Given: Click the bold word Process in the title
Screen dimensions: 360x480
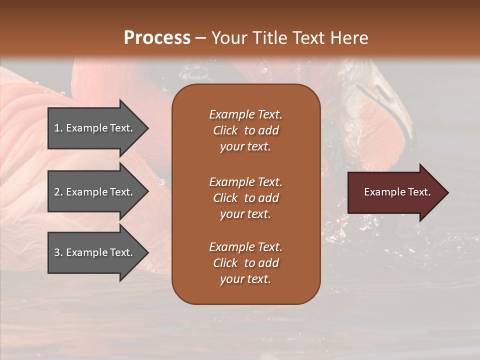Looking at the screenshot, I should click(157, 38).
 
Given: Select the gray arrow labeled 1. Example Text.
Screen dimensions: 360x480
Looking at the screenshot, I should click(95, 128).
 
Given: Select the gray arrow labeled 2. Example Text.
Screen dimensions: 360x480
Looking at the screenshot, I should click(95, 192).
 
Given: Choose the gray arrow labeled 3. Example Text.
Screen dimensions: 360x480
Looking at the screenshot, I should click(95, 252).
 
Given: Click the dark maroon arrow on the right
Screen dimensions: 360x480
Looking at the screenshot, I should click(395, 192).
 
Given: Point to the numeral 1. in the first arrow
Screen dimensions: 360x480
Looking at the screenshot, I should click(58, 128).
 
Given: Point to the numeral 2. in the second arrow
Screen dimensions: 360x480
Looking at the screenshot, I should click(58, 192).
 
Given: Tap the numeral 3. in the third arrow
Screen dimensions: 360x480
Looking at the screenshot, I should click(58, 252).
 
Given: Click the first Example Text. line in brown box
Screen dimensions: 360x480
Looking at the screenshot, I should click(245, 114).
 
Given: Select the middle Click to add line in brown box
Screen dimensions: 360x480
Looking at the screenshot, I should click(245, 198).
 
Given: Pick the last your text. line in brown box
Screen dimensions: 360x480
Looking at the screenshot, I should click(245, 279).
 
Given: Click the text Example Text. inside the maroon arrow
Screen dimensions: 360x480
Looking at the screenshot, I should click(397, 192).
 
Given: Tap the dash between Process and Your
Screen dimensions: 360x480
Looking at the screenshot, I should click(200, 38).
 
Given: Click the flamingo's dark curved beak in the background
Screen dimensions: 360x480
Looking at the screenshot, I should click(395, 115).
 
